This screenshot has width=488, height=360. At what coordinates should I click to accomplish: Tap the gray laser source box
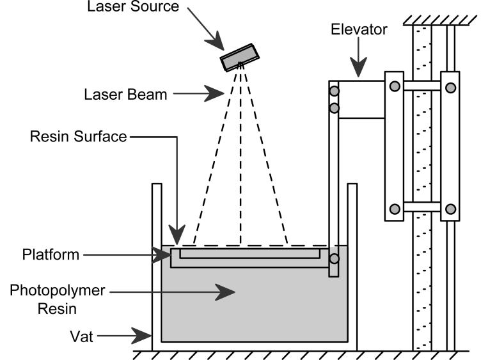(239, 58)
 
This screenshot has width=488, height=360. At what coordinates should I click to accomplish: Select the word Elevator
(359, 29)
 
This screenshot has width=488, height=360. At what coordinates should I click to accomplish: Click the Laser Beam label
(125, 95)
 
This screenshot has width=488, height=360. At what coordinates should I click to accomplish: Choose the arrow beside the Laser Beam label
(200, 95)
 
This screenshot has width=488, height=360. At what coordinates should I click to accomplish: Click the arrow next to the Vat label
(131, 334)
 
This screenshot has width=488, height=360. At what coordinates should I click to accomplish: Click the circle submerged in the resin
(333, 260)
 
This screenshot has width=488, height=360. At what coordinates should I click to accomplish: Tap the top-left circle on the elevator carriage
(395, 86)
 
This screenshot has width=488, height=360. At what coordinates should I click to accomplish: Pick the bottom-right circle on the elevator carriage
(450, 208)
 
